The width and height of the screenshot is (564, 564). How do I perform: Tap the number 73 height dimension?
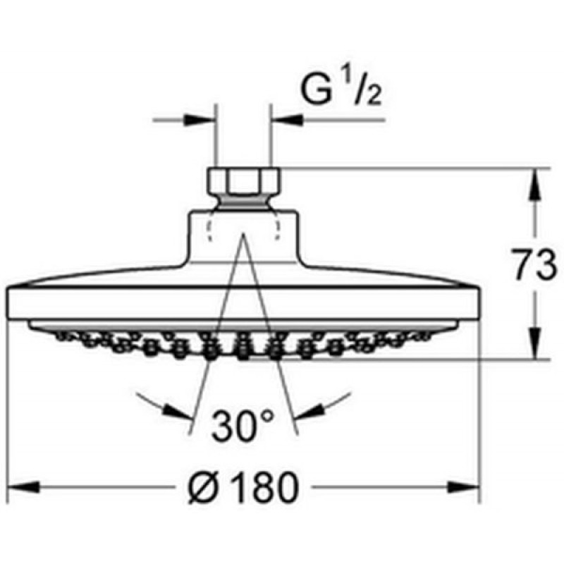tap(534, 264)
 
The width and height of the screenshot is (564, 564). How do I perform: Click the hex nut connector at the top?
tap(245, 182)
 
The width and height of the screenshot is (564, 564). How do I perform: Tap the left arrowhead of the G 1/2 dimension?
tap(200, 120)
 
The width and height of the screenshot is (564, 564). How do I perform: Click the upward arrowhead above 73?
tap(535, 184)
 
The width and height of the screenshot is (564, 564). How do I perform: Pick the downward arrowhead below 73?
tap(535, 343)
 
